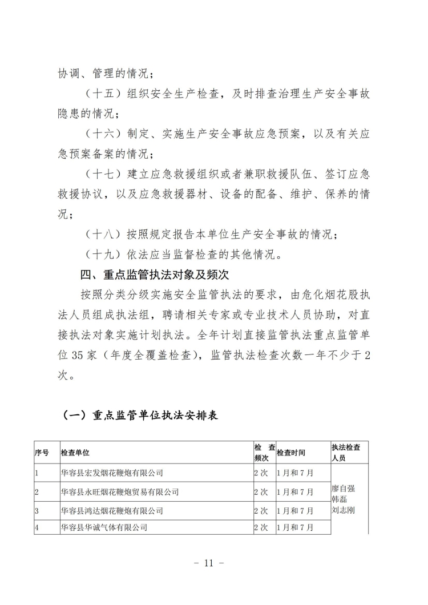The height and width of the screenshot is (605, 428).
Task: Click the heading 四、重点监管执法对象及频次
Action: pyautogui.click(x=155, y=275)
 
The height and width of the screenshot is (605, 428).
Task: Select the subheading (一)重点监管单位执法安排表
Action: pyautogui.click(x=139, y=416)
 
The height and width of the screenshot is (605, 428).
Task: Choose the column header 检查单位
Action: pyautogui.click(x=75, y=453)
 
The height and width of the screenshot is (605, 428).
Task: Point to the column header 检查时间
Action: pyautogui.click(x=290, y=453)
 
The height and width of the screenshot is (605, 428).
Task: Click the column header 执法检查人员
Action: pyautogui.click(x=349, y=453)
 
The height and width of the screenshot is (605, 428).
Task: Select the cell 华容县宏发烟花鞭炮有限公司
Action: pyautogui.click(x=112, y=473)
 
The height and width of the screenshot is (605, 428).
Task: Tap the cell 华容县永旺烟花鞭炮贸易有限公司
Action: pyautogui.click(x=120, y=491)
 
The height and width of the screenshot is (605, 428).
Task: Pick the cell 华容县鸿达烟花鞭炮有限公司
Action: pyautogui.click(x=112, y=510)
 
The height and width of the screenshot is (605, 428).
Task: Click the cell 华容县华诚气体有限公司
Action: pyautogui.click(x=104, y=527)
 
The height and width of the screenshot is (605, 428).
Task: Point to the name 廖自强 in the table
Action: pyautogui.click(x=343, y=489)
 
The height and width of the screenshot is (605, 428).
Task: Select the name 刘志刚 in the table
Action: pyautogui.click(x=343, y=510)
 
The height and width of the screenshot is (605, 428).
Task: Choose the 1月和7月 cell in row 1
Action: pyautogui.click(x=295, y=473)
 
